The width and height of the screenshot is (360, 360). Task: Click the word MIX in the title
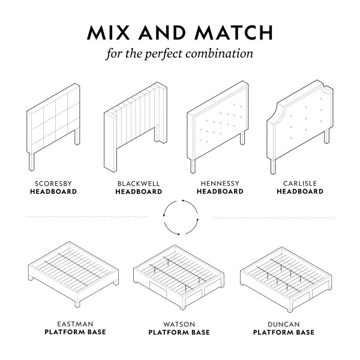tap(109, 32)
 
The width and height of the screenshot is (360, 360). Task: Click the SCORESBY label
tap(53, 184)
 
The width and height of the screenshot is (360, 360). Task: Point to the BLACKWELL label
tap(139, 184)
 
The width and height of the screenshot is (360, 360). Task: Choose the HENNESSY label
tap(220, 184)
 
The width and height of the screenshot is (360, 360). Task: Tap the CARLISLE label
tap(300, 184)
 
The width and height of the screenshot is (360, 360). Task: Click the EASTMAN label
tap(75, 324)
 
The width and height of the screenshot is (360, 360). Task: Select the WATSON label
tap(179, 324)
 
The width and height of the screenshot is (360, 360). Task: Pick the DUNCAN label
tap(284, 324)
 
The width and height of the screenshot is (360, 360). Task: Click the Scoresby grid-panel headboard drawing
tap(53, 127)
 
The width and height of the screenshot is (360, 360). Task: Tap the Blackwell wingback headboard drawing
tap(136, 127)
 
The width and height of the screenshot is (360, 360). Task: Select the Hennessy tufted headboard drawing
tap(218, 127)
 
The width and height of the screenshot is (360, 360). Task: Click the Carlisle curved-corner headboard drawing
tap(300, 127)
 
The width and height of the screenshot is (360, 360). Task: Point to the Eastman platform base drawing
tap(73, 274)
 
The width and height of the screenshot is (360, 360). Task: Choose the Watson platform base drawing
tap(179, 277)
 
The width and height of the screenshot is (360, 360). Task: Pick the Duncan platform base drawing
tap(286, 280)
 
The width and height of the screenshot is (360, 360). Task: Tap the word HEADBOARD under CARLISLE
tap(300, 191)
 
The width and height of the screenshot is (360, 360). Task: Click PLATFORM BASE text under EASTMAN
tap(76, 332)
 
